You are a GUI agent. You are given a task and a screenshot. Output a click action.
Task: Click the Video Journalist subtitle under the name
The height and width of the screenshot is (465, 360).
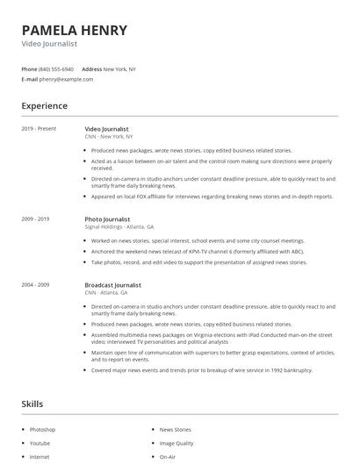coord(49,44)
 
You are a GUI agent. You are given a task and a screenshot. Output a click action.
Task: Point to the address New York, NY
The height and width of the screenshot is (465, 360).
coord(119,68)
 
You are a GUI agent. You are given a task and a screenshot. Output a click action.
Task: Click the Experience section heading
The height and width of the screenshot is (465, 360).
coord(44,106)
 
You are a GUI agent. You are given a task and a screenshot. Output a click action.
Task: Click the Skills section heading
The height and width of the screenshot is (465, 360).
coord(33,404)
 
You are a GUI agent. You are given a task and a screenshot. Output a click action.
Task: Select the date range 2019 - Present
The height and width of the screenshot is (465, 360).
coord(39,129)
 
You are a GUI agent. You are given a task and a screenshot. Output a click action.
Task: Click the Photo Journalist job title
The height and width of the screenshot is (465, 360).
coord(109,218)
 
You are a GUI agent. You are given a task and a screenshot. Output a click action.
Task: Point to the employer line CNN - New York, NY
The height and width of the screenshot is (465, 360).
coord(109,137)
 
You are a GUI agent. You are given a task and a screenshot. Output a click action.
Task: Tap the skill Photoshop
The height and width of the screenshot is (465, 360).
coord(42,430)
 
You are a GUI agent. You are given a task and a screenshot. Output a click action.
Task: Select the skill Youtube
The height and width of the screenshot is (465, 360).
coord(40,443)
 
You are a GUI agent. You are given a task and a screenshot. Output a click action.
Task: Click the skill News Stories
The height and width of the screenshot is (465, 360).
coord(175,430)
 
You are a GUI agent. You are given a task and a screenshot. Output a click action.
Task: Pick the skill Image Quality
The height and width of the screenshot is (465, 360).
coord(176,443)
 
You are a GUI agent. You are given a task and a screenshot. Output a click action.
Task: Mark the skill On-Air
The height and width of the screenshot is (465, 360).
coord(167,457)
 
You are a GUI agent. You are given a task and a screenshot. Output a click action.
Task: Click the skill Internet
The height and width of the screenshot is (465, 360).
coord(40,457)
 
